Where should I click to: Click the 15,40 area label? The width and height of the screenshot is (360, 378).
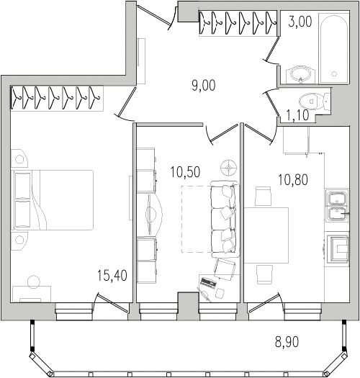112,276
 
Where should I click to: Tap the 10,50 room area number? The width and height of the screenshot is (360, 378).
185,172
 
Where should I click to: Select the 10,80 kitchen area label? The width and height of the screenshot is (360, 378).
293,179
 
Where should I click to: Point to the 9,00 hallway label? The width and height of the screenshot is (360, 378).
204,86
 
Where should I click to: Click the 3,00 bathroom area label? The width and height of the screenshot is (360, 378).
300,22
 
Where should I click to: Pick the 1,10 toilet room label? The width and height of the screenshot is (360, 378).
297,115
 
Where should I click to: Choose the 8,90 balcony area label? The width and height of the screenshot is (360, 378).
287,341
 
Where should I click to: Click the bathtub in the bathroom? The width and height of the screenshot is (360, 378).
333,48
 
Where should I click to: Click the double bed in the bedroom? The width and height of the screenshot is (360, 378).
53,200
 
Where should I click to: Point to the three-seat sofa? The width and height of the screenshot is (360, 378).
225,219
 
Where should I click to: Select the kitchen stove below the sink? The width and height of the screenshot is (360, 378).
337,249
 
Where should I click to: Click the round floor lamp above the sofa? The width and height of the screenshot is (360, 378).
228,167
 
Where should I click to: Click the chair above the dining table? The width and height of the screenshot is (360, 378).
263,197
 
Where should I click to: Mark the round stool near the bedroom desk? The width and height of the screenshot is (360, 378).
33,282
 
